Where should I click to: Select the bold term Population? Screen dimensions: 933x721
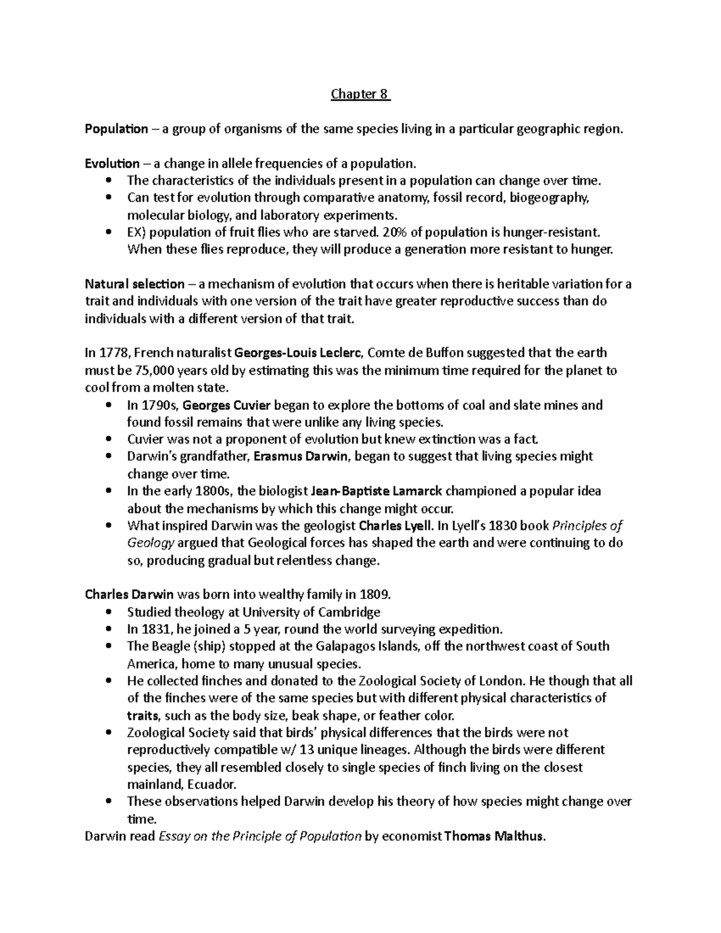(116, 129)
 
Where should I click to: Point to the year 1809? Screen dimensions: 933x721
(374, 595)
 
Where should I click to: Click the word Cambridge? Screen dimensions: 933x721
(351, 612)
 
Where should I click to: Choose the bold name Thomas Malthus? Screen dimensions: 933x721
(494, 836)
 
